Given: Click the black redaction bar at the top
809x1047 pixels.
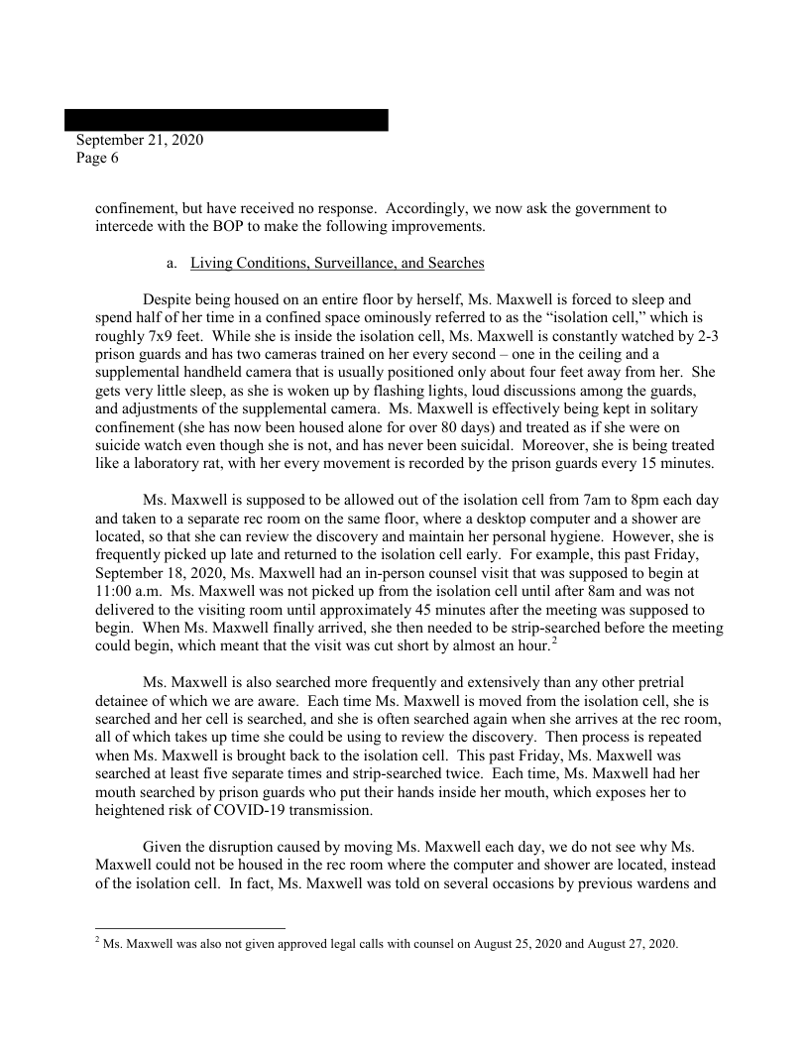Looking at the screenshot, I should [226, 120].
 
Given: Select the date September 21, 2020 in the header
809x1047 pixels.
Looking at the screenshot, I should [140, 141].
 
